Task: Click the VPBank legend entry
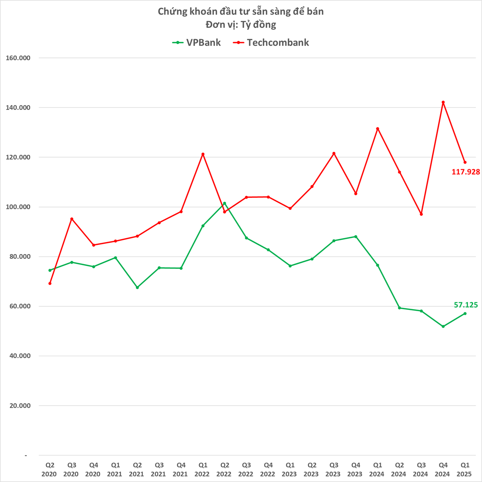click(x=197, y=43)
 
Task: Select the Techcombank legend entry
click(x=271, y=43)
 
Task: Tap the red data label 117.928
click(x=466, y=172)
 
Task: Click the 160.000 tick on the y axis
click(x=18, y=58)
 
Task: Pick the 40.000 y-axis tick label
click(x=20, y=356)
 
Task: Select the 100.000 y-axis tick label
click(x=18, y=207)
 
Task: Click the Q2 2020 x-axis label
click(x=49, y=470)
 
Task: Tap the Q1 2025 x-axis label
click(x=465, y=470)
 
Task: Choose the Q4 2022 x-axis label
click(x=268, y=470)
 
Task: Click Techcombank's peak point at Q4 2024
click(x=443, y=102)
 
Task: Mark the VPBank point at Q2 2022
click(x=224, y=203)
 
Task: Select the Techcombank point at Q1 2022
click(x=203, y=154)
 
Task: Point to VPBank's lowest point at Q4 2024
click(x=443, y=326)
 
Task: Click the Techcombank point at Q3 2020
click(x=72, y=219)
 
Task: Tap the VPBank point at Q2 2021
click(x=137, y=287)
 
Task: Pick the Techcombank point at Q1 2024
click(x=377, y=129)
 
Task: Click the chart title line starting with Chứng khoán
click(x=240, y=11)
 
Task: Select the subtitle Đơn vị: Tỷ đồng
click(x=240, y=25)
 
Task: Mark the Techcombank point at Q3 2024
click(x=421, y=214)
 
